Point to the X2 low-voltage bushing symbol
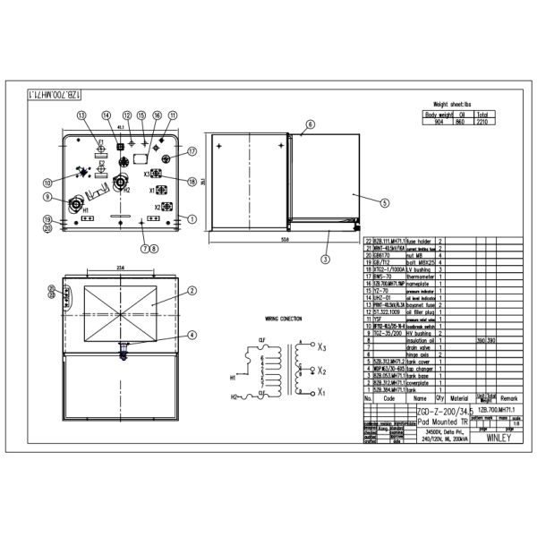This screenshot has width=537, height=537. [163, 208]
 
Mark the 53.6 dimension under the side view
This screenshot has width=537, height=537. [284, 240]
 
